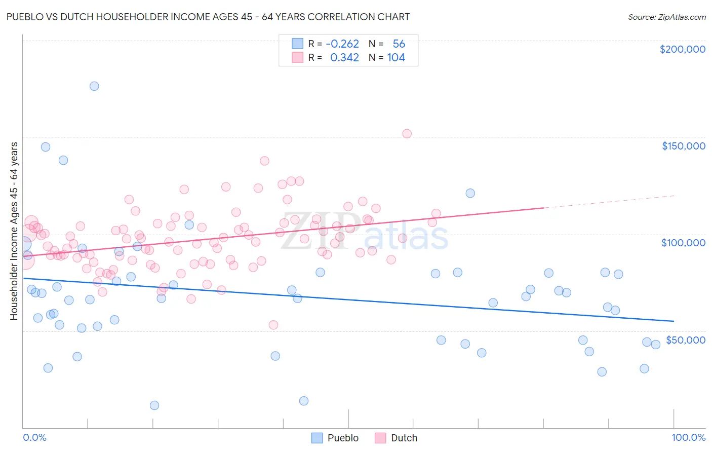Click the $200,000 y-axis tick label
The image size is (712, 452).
pyautogui.click(x=682, y=49)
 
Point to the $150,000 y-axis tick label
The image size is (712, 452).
pyautogui.click(x=683, y=146)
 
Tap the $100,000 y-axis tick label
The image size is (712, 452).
pyautogui.click(x=683, y=243)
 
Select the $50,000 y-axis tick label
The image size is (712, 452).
pyautogui.click(x=685, y=340)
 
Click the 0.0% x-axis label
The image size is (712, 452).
pyautogui.click(x=34, y=437)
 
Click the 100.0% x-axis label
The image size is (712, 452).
pyautogui.click(x=688, y=437)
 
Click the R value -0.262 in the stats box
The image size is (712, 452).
pyautogui.click(x=342, y=44)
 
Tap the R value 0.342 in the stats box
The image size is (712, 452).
pyautogui.click(x=344, y=58)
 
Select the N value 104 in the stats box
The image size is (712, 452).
pyautogui.click(x=396, y=58)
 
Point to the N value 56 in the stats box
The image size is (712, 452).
pyautogui.click(x=399, y=44)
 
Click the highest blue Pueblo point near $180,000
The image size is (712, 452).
pyautogui.click(x=94, y=86)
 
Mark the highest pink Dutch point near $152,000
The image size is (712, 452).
pyautogui.click(x=407, y=134)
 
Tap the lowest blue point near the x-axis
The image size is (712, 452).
pyautogui.click(x=154, y=405)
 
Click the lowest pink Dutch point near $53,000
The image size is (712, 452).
pyautogui.click(x=273, y=325)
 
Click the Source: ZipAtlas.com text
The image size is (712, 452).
pyautogui.click(x=666, y=17)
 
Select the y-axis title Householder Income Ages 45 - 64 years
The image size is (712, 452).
pyautogui.click(x=14, y=231)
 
